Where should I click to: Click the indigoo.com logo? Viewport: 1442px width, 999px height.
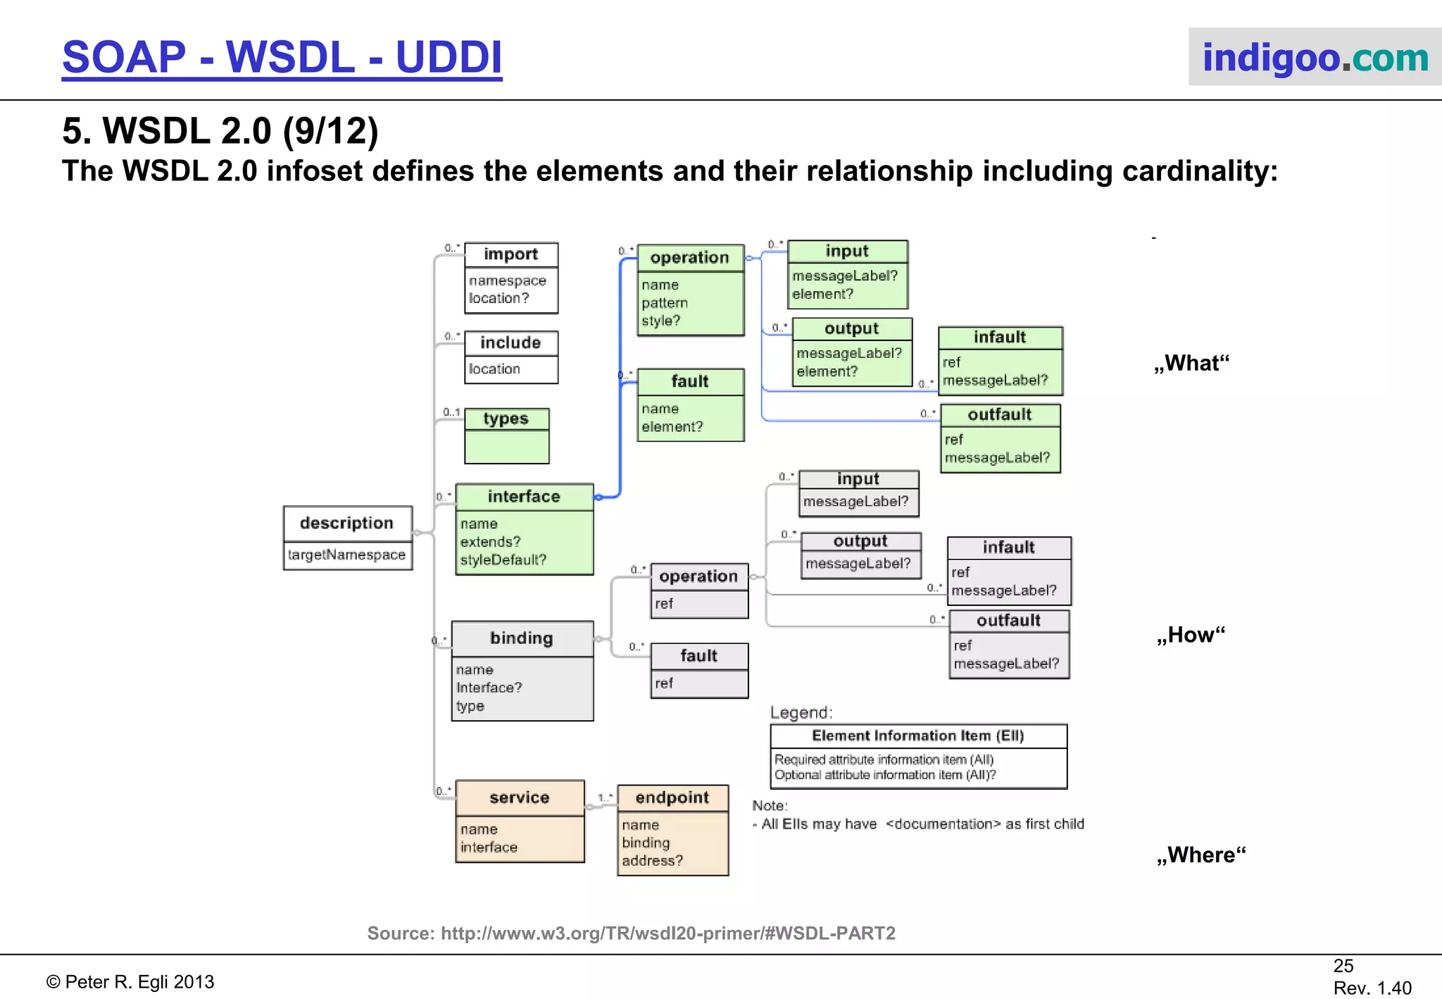tap(1315, 57)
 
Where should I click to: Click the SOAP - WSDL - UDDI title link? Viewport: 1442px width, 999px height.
tap(282, 57)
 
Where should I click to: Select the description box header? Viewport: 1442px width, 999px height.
tap(346, 523)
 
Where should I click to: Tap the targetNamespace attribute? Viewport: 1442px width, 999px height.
tap(346, 555)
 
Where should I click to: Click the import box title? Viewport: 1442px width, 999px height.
tap(510, 254)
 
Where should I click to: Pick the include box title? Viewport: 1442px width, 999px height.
tap(510, 343)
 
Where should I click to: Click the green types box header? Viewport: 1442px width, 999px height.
tap(506, 419)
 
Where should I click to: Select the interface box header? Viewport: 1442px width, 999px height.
tap(524, 497)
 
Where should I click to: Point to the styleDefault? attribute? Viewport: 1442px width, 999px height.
tap(503, 560)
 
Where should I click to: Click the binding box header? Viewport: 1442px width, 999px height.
tap(522, 638)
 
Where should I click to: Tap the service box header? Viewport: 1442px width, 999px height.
tap(520, 798)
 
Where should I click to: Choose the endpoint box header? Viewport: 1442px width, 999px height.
tap(672, 798)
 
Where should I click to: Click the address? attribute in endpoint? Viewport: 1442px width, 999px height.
tap(652, 861)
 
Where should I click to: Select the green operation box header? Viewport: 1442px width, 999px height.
tap(689, 258)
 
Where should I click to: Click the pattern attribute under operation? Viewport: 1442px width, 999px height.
tap(664, 303)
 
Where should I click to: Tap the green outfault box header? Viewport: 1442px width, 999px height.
tap(1000, 415)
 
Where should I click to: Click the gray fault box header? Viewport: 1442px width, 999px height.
tap(698, 656)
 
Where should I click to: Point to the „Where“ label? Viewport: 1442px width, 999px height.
tap(1200, 855)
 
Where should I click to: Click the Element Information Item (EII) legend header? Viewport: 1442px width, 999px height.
tap(917, 736)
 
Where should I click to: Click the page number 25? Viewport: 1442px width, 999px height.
tap(1343, 966)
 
